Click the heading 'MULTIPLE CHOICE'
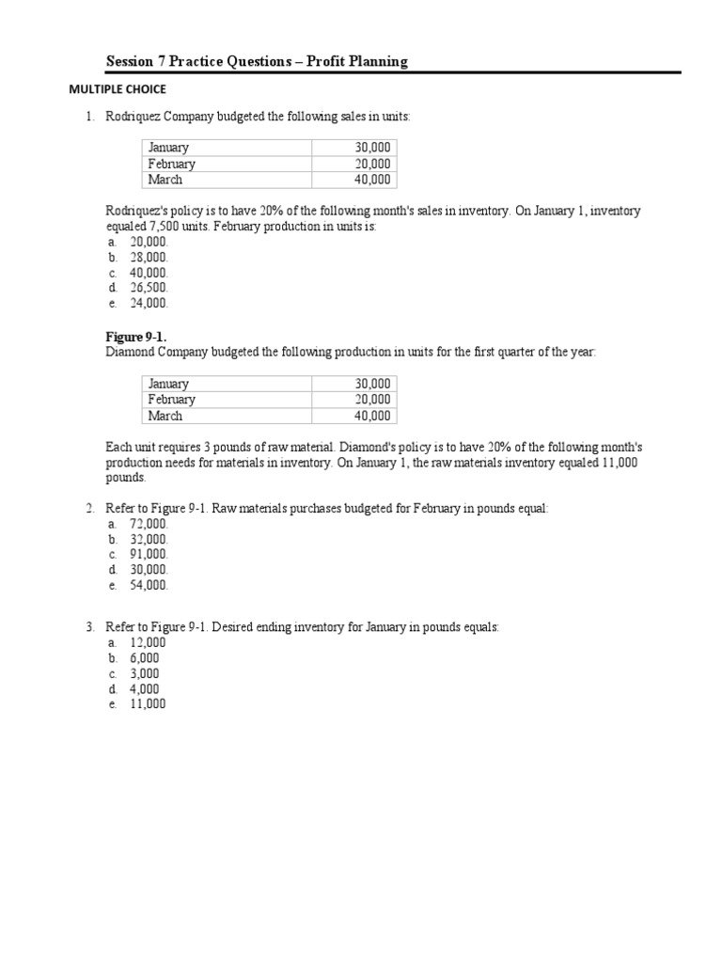tap(116, 89)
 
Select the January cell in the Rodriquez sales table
tap(168, 148)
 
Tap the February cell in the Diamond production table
tap(171, 400)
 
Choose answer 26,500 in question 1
tap(149, 288)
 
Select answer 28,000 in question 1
tap(149, 257)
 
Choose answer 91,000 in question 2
tap(149, 554)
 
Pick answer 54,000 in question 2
tap(149, 585)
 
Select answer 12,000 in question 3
tap(148, 642)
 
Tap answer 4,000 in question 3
tap(145, 688)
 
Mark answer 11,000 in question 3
tap(148, 703)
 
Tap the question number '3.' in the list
tap(90, 626)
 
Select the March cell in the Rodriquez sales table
tap(165, 180)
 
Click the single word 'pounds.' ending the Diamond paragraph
tap(126, 478)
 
